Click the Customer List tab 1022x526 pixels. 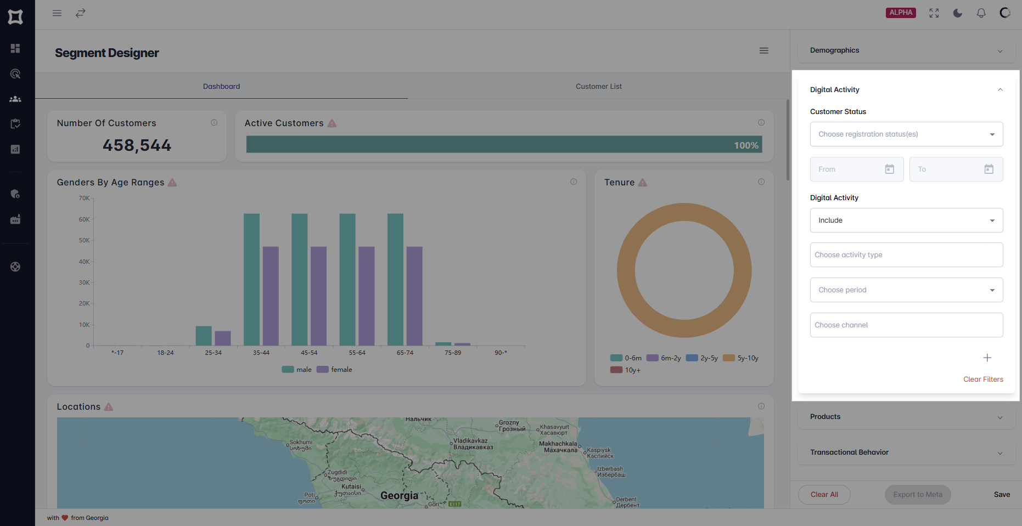point(598,87)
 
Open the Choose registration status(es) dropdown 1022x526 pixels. point(906,134)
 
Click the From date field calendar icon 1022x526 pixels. point(889,169)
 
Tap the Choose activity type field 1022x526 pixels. point(906,255)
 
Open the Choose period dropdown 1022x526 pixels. point(906,290)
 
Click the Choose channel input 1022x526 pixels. point(906,325)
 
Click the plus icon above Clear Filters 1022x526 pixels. point(987,358)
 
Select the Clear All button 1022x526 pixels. point(824,495)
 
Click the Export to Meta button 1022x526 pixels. point(917,495)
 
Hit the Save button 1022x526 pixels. point(1002,495)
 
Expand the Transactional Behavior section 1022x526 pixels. point(906,453)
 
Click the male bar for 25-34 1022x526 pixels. point(204,336)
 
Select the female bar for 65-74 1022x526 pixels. point(414,296)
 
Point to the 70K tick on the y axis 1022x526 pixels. point(84,199)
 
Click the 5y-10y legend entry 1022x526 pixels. point(742,358)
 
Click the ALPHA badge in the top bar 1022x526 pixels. point(900,13)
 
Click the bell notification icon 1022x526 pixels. point(981,13)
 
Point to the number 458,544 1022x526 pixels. point(137,145)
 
